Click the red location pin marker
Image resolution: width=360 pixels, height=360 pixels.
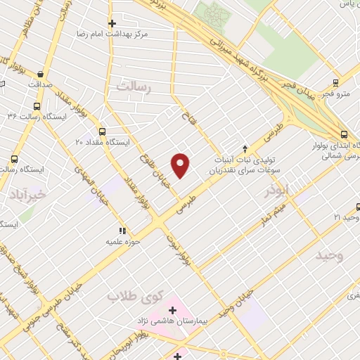click(x=181, y=165)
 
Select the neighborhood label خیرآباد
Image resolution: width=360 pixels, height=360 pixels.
click(x=25, y=194)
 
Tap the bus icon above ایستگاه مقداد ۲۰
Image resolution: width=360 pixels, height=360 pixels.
click(x=103, y=131)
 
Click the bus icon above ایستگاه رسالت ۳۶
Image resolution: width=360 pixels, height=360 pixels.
click(x=36, y=107)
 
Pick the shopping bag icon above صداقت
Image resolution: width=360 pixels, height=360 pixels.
click(x=41, y=74)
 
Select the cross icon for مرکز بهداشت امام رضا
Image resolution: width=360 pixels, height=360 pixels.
click(x=111, y=22)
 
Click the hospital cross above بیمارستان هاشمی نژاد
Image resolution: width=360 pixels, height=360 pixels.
click(x=172, y=309)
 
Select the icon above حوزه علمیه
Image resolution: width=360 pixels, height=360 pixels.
click(x=122, y=230)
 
